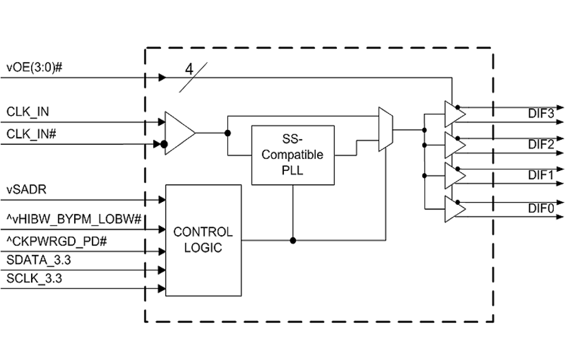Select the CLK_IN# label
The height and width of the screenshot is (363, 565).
(x=31, y=134)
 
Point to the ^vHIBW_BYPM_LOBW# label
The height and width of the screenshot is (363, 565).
(x=74, y=220)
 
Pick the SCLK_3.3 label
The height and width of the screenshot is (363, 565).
(x=34, y=278)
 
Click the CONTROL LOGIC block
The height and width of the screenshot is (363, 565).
(x=203, y=240)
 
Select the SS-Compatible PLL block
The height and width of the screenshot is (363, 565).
(x=292, y=155)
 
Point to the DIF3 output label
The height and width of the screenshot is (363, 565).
(x=541, y=114)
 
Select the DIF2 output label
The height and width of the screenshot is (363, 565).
(x=541, y=144)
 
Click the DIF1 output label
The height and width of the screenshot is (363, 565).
(x=541, y=175)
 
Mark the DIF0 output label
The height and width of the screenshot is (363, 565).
(x=541, y=208)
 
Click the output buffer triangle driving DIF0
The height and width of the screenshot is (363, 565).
(x=453, y=209)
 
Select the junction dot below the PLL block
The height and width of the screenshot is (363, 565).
(x=293, y=241)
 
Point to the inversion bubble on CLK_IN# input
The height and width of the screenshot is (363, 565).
(x=164, y=144)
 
